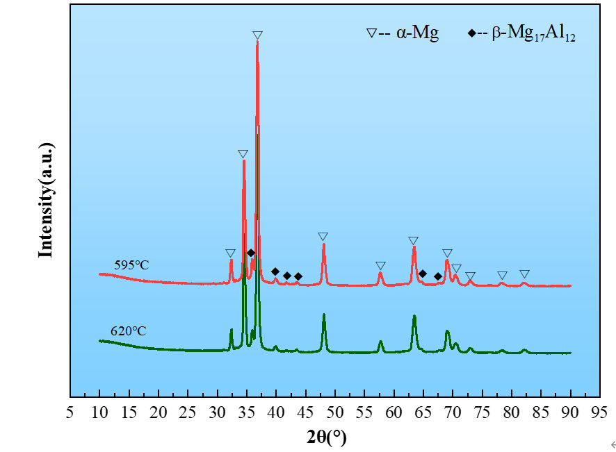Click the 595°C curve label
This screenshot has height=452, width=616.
(132, 265)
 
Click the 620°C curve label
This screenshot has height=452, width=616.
(129, 330)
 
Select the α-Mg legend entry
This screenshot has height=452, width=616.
(403, 33)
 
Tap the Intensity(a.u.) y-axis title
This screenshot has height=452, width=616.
(46, 201)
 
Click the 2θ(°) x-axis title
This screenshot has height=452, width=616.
(326, 437)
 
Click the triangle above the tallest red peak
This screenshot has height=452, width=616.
(257, 35)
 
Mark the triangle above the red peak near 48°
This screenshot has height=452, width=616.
(323, 237)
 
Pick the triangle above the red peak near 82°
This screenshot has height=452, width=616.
(524, 274)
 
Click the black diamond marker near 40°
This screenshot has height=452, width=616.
(275, 271)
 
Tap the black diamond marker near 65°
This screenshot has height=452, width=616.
(423, 274)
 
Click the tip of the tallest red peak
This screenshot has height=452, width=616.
(257, 42)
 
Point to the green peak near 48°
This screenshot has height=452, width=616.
(324, 315)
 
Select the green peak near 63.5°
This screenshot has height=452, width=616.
(414, 316)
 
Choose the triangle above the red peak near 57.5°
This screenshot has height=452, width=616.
(380, 266)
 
